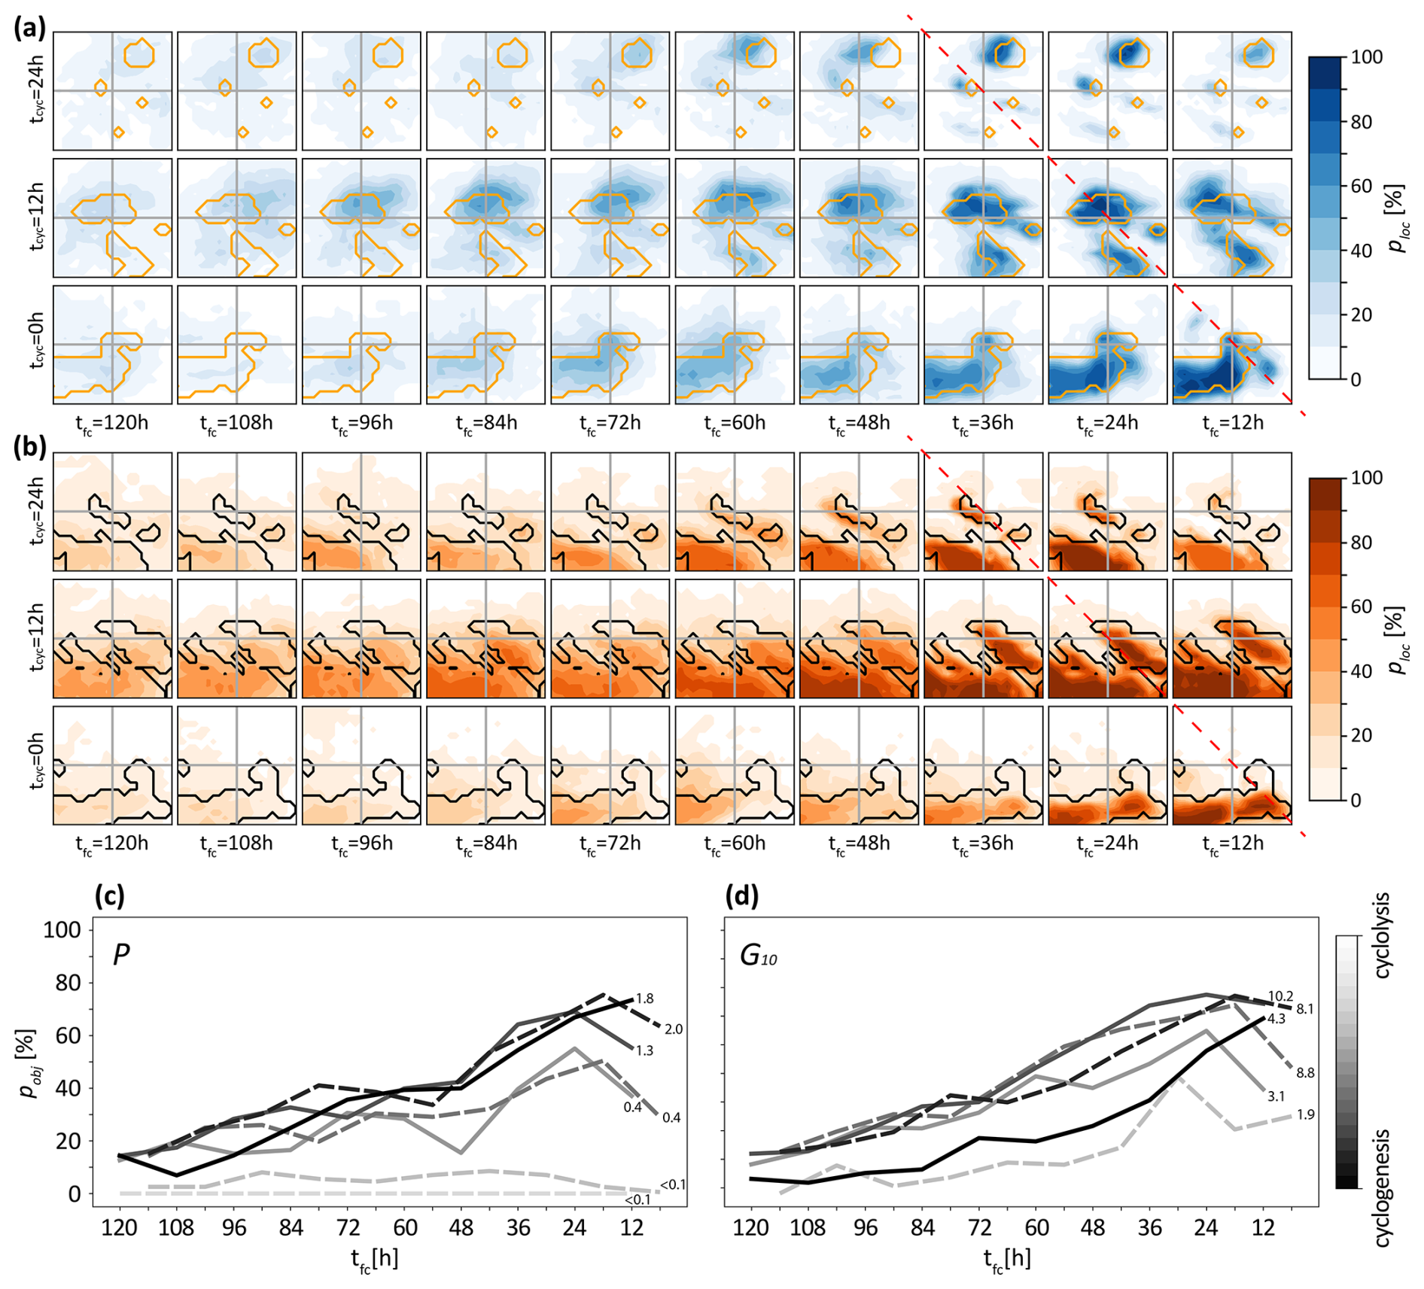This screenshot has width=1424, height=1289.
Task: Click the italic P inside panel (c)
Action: point(121,954)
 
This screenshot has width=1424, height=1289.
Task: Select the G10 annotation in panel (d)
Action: point(758,956)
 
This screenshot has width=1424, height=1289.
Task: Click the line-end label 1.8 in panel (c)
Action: point(644,999)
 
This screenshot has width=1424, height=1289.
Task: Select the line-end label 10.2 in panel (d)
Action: point(1279,996)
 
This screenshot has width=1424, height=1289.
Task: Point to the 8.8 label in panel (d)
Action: point(1304,1073)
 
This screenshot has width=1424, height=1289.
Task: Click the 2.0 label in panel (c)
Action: point(673,1029)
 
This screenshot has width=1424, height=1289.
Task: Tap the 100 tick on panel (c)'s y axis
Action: point(62,930)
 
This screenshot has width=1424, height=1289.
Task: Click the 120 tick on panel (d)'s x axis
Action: point(750,1228)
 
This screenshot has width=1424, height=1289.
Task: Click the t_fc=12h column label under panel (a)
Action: point(1231,423)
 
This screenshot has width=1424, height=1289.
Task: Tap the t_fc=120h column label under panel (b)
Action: point(111,844)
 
